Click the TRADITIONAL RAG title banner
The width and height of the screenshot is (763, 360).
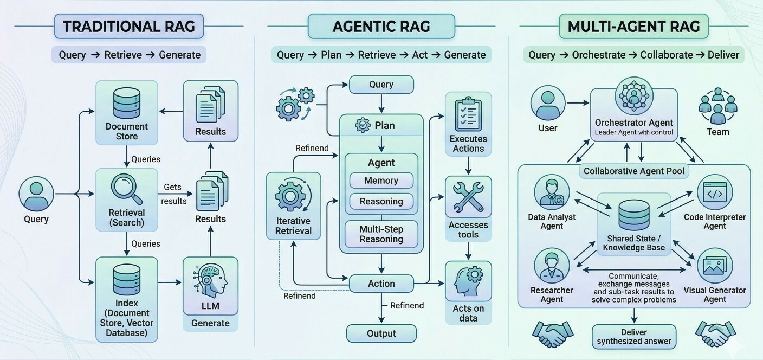click(x=129, y=26)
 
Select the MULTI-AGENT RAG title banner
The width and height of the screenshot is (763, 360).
click(x=634, y=26)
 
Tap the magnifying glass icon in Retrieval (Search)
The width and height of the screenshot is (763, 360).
click(x=127, y=189)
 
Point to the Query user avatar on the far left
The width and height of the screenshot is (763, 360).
click(x=36, y=194)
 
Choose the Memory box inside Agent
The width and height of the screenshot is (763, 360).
click(x=381, y=181)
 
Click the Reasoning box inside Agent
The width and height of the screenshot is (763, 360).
click(x=381, y=202)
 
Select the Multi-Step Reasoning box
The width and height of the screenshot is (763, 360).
click(x=381, y=234)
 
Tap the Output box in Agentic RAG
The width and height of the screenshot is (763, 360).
click(x=381, y=333)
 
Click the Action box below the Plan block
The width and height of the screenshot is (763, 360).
click(x=381, y=284)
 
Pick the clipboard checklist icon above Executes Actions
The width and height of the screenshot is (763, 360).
click(x=468, y=114)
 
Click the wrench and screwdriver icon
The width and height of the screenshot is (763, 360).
click(x=468, y=197)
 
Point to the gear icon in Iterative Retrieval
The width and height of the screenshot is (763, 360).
click(x=290, y=196)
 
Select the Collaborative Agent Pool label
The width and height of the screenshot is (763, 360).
click(x=634, y=171)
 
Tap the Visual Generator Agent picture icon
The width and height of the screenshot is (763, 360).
click(x=715, y=266)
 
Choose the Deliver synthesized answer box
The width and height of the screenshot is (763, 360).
click(x=634, y=337)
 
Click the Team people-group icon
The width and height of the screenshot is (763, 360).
click(x=717, y=106)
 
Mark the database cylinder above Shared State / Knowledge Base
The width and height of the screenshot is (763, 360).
click(x=634, y=215)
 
